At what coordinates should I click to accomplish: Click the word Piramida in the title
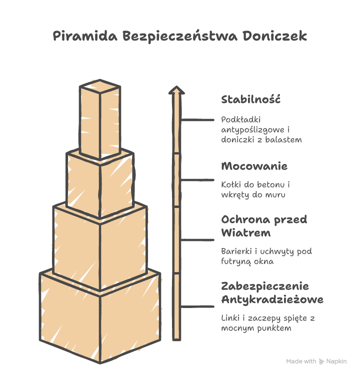[85, 36]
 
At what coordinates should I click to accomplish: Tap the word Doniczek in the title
[274, 36]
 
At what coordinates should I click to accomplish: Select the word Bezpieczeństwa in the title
[180, 36]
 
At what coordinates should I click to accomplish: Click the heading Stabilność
[251, 99]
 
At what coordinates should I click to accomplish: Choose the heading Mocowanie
[254, 166]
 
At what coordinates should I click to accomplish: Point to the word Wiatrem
[246, 232]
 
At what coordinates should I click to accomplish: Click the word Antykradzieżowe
[272, 299]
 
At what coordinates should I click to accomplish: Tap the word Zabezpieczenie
[265, 286]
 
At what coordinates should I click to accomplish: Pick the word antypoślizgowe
[252, 130]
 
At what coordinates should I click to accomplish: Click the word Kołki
[231, 184]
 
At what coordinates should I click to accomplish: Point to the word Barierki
[236, 251]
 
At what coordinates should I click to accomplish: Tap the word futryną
[236, 261]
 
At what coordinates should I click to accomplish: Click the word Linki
[230, 318]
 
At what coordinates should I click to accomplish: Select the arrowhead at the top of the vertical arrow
[176, 90]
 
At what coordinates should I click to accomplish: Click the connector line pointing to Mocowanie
[197, 180]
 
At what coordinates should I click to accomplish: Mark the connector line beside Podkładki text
[197, 119]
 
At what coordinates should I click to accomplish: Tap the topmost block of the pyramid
[100, 119]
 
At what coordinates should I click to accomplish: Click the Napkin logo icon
[321, 361]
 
